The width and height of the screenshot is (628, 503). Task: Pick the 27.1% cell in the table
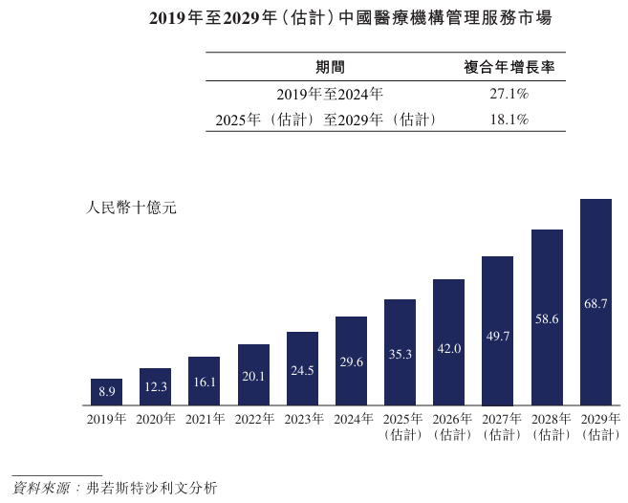click(x=509, y=94)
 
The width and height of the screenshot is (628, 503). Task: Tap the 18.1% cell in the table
click(x=509, y=120)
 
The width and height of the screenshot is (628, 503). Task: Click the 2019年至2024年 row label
click(x=330, y=94)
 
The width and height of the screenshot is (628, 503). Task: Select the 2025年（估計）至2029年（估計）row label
click(x=326, y=120)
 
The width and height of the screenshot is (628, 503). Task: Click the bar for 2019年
click(x=106, y=389)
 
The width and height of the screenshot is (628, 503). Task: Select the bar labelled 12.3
click(x=155, y=384)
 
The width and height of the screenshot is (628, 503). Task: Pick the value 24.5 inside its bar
click(x=302, y=370)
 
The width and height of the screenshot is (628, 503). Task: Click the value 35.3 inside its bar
click(x=400, y=354)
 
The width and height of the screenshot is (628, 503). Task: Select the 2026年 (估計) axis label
click(x=449, y=426)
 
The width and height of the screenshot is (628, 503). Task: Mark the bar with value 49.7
click(x=497, y=329)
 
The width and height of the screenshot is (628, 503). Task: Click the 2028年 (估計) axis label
click(x=547, y=426)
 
